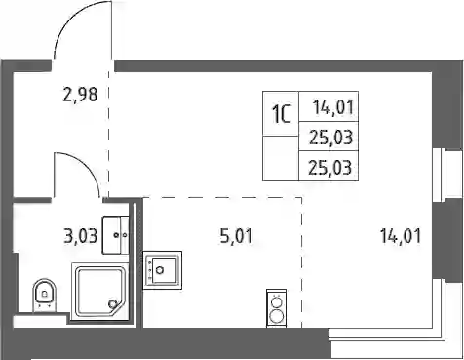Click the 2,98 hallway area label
[x=80, y=95]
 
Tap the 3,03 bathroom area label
[x=81, y=236]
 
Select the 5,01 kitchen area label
[x=236, y=236]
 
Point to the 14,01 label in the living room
[x=401, y=236]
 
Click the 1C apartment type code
[x=281, y=114]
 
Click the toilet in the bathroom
[x=45, y=295]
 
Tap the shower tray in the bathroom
[x=100, y=291]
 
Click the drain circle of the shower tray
[x=113, y=304]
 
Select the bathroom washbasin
[x=116, y=235]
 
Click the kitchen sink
[x=163, y=270]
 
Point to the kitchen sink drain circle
[x=160, y=270]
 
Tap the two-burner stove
[x=276, y=308]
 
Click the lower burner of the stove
[x=276, y=316]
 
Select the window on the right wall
[x=449, y=173]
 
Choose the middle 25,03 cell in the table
[x=330, y=138]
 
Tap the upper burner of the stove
[x=277, y=301]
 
